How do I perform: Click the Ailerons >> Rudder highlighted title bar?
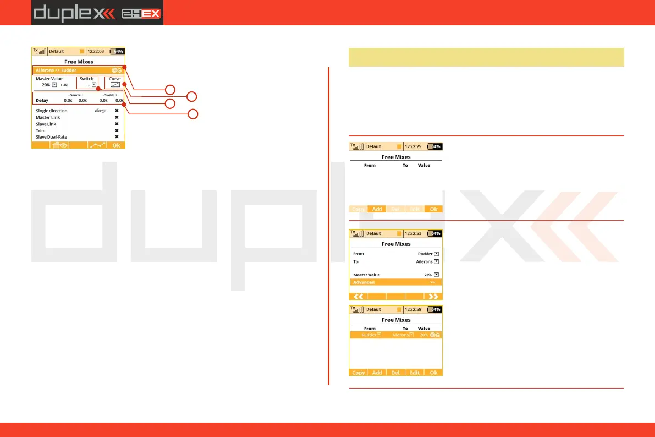click(78, 70)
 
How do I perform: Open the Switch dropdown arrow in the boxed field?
click(94, 85)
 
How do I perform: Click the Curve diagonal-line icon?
click(115, 85)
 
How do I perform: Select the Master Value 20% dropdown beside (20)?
click(54, 85)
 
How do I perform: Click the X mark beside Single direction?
click(117, 111)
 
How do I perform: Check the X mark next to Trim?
click(117, 130)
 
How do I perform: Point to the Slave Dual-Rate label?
click(51, 136)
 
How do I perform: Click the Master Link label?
click(48, 117)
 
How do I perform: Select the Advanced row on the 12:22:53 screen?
click(396, 282)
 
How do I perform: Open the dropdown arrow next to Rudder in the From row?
click(436, 254)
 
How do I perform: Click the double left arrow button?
click(358, 296)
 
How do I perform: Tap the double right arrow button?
click(433, 296)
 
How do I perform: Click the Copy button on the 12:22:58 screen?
click(358, 373)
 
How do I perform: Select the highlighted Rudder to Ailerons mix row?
click(396, 335)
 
